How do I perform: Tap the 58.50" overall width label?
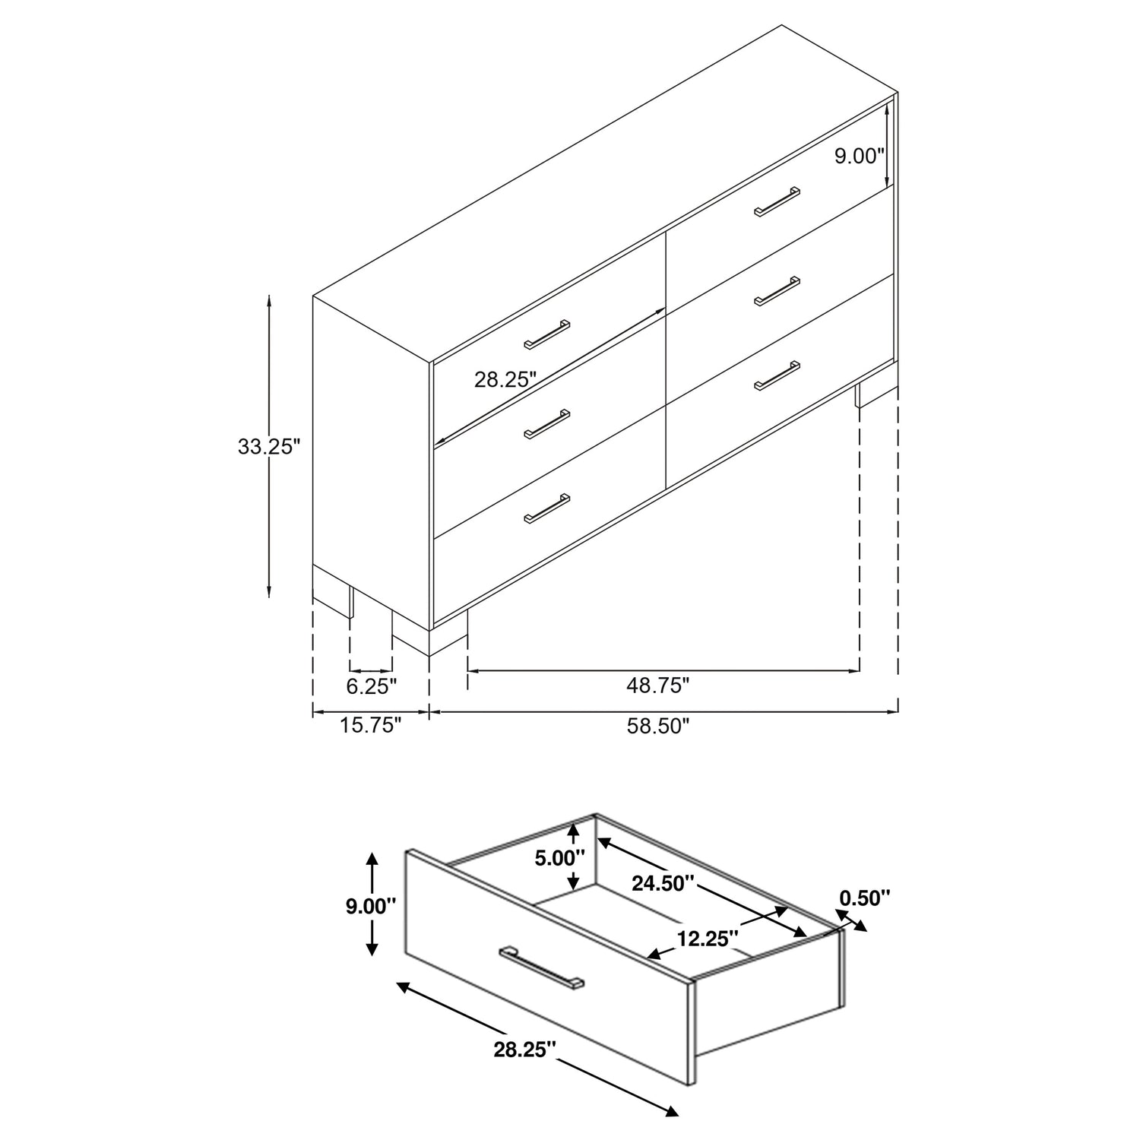pyautogui.click(x=658, y=726)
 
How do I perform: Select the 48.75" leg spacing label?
pyautogui.click(x=658, y=686)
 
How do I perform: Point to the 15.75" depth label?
pyautogui.click(x=370, y=725)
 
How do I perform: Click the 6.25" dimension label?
pyautogui.click(x=372, y=686)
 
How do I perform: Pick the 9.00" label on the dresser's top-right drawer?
pyautogui.click(x=860, y=157)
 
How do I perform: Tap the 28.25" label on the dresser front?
pyautogui.click(x=506, y=379)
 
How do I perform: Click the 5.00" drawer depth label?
pyautogui.click(x=560, y=858)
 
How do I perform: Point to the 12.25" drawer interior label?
pyautogui.click(x=708, y=939)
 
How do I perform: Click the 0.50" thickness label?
pyautogui.click(x=864, y=898)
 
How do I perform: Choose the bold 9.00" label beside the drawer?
pyautogui.click(x=372, y=906)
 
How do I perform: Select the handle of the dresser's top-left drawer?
pyautogui.click(x=547, y=334)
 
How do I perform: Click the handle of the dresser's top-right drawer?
pyautogui.click(x=777, y=201)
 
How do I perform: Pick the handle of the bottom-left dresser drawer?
pyautogui.click(x=547, y=508)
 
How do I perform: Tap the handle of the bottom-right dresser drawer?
pyautogui.click(x=777, y=375)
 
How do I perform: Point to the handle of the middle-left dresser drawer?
pyautogui.click(x=547, y=424)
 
